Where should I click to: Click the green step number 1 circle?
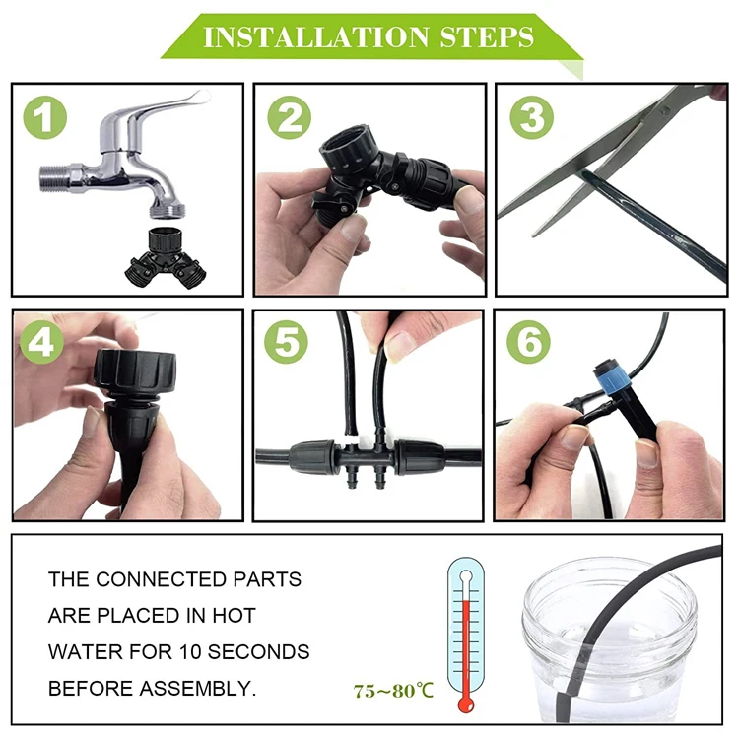click(45, 120)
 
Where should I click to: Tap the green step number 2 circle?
click(289, 118)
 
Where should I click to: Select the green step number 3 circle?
click(531, 118)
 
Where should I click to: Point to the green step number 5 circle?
click(288, 343)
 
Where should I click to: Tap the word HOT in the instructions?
click(232, 616)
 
